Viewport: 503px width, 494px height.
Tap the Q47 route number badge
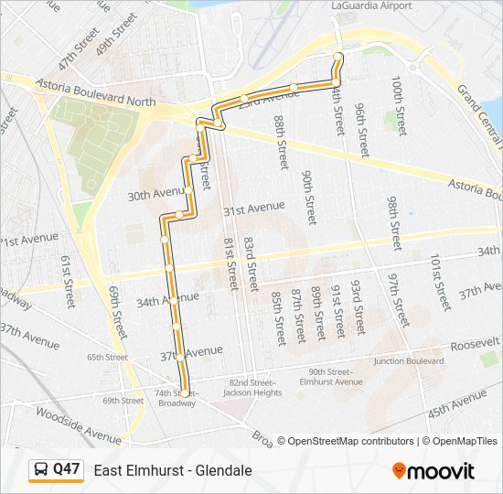[66, 469]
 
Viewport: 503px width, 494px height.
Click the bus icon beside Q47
[42, 470]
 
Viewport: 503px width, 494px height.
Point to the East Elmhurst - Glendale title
[173, 470]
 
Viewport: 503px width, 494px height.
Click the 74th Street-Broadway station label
[176, 399]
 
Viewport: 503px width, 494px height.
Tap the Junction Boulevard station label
[408, 360]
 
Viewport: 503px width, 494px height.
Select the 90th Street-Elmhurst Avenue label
[335, 377]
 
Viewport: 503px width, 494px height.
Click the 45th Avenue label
[457, 403]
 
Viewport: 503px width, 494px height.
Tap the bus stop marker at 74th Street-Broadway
[185, 393]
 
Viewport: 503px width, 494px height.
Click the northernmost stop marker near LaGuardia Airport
[338, 57]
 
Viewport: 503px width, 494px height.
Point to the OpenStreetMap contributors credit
[350, 441]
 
